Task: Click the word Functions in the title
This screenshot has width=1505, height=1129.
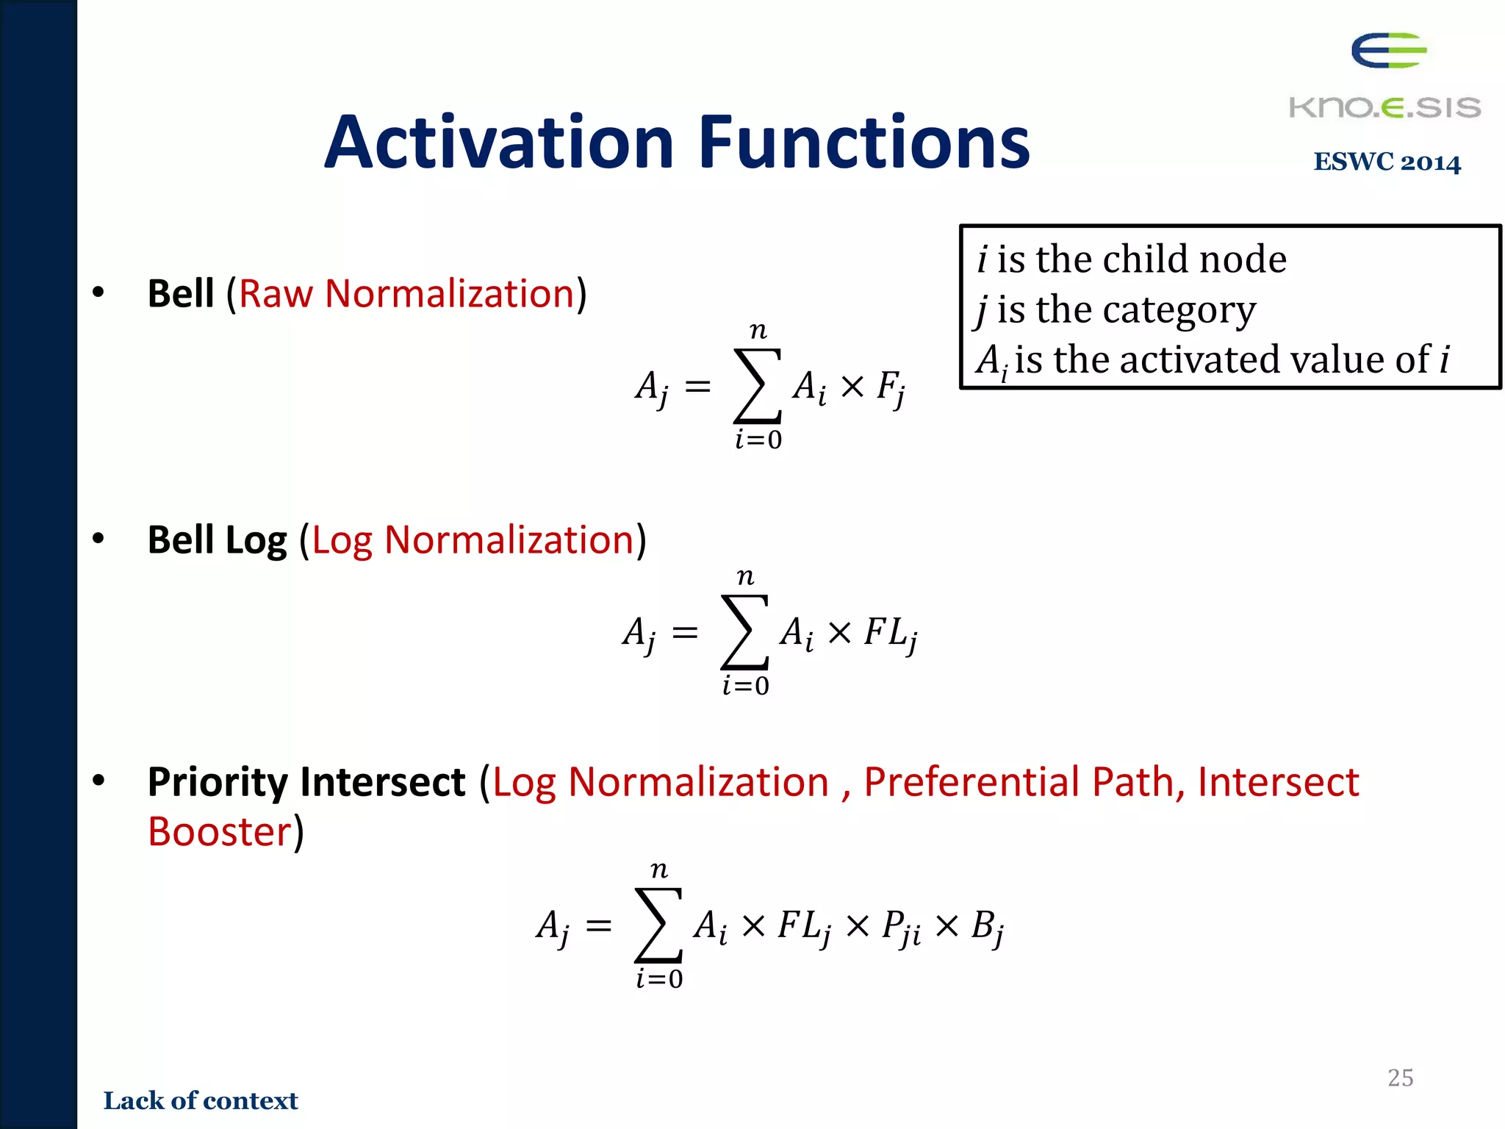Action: [864, 143]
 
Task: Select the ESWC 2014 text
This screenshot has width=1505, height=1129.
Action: [1387, 162]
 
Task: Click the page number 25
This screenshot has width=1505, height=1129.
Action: [1400, 1078]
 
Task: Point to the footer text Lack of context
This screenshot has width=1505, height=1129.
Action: [201, 1100]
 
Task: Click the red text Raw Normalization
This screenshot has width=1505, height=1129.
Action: [406, 294]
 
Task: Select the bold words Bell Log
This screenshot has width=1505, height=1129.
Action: [217, 540]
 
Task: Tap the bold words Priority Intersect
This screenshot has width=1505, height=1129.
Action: [306, 781]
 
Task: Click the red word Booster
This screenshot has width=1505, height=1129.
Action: [220, 832]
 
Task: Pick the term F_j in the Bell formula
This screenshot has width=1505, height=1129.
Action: [891, 387]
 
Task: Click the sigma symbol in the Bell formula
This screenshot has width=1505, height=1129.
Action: [757, 386]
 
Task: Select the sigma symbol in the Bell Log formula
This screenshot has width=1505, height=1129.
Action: [744, 632]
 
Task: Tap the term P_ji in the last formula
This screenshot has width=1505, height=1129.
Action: [901, 928]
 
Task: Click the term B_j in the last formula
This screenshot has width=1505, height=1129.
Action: [987, 928]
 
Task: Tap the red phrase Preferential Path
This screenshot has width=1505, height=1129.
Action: [1024, 781]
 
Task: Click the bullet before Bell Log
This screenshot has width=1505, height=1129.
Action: [98, 540]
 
